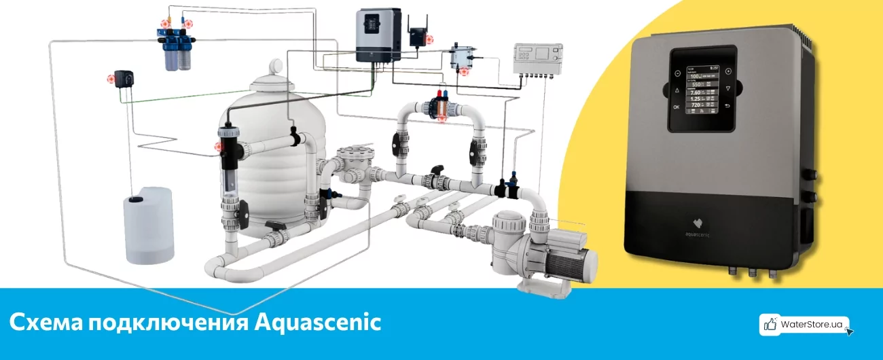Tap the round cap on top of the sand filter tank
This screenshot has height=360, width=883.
point(277,67)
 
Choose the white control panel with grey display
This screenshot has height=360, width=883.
point(539,57)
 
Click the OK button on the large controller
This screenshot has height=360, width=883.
point(676,107)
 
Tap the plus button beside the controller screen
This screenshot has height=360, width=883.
point(728,71)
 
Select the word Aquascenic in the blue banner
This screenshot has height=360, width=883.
point(318,322)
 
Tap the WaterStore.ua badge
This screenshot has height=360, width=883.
point(804,325)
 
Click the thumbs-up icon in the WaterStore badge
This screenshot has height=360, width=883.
point(770,325)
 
